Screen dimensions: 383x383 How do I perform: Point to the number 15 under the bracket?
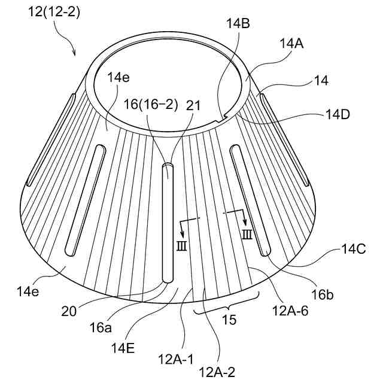coord(230,320)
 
